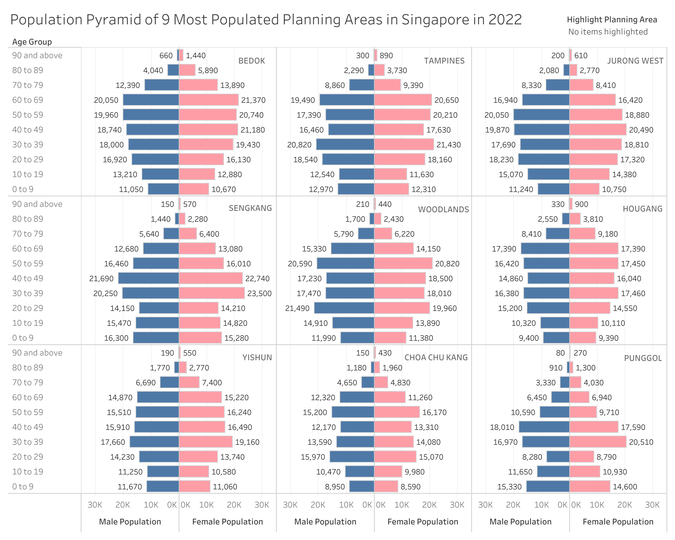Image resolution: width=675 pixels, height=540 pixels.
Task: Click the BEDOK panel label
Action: coord(251,61)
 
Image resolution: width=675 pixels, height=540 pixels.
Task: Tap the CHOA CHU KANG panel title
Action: coord(436,358)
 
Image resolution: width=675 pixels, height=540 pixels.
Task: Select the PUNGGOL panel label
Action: coord(643,358)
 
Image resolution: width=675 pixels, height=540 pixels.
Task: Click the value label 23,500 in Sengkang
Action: coord(259,293)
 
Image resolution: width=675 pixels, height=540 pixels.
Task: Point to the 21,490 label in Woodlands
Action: coord(297,308)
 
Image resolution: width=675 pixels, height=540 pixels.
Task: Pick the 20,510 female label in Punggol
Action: coord(641,442)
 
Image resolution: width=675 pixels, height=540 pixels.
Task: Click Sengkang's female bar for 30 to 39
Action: coord(212,293)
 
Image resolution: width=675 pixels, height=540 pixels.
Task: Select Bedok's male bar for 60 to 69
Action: coord(151,100)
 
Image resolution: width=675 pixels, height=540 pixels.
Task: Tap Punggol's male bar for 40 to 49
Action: coord(544,427)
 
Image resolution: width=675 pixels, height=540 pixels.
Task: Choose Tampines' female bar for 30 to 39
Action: coord(404,145)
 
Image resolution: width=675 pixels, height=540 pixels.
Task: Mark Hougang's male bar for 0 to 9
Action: coord(556,338)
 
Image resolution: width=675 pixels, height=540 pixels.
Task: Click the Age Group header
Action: coord(32,42)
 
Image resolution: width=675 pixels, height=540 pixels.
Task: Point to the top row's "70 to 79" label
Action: coord(28,85)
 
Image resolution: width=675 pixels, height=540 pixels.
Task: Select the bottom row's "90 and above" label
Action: coord(37,353)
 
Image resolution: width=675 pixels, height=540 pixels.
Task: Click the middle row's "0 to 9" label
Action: coord(23,338)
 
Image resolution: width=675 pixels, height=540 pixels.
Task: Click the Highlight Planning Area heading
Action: coord(612,20)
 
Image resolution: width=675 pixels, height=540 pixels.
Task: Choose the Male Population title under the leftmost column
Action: coord(130,522)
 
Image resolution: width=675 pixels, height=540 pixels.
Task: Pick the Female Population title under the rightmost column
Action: coord(618,522)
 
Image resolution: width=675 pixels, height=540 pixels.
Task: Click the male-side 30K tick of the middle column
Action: coord(290,505)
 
